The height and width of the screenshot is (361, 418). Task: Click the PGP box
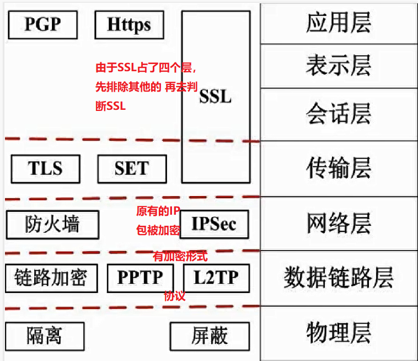coord(42,24)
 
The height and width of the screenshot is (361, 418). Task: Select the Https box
coord(130,25)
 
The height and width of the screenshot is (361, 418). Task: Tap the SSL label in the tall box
coord(215,97)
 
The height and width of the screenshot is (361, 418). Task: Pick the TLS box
coord(45,168)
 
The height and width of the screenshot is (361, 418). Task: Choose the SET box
coord(131,168)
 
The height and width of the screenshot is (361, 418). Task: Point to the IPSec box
coord(214,224)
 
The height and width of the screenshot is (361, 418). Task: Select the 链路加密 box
coord(50,278)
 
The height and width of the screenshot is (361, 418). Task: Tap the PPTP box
coord(140,278)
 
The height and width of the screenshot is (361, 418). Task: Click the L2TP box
coord(215,278)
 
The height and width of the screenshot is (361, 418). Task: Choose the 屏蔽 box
coord(210,336)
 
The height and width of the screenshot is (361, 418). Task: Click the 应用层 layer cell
coord(339,23)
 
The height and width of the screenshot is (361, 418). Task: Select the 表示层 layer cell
coord(339,66)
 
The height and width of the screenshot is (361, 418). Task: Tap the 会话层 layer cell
coord(339,114)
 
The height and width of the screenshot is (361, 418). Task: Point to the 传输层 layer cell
coord(339,168)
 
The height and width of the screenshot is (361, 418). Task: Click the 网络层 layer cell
coord(339,224)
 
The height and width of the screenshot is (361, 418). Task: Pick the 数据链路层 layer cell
coord(339,277)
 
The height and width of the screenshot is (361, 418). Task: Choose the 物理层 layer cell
coord(339,332)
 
